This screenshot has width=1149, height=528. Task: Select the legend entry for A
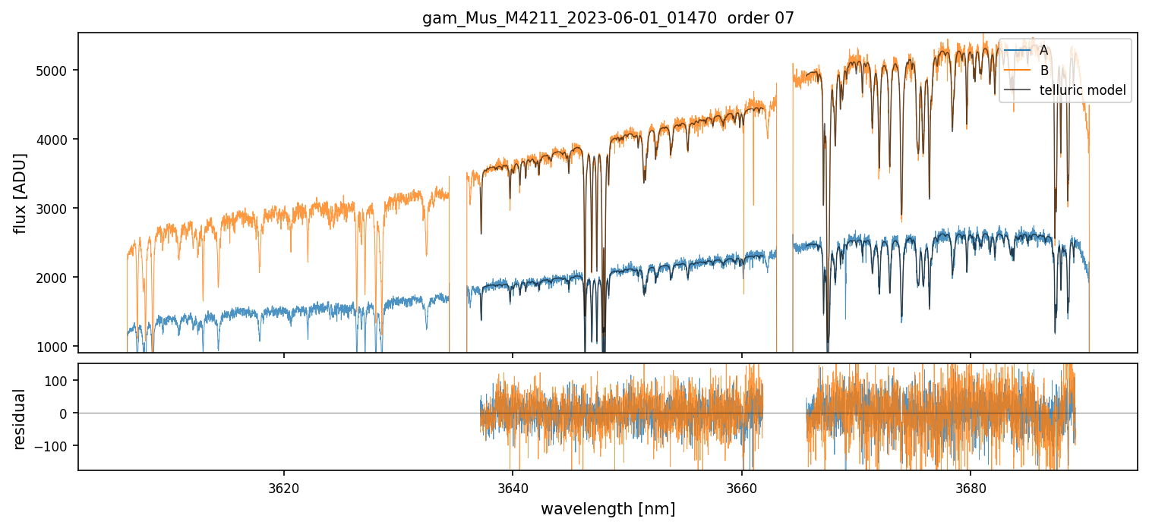[x=1043, y=50]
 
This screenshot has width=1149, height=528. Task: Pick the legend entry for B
[x=1044, y=71]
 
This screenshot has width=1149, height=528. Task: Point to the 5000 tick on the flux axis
[x=52, y=71]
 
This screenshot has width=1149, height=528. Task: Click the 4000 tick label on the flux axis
[x=52, y=140]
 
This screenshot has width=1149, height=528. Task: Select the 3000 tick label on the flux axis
[x=52, y=209]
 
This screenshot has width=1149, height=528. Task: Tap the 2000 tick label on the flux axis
[x=52, y=278]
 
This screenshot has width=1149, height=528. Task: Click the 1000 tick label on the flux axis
[x=52, y=347]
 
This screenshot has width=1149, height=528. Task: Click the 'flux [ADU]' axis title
[x=21, y=193]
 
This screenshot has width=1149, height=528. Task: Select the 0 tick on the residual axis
[x=66, y=413]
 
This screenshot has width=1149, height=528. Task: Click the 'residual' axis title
[x=21, y=419]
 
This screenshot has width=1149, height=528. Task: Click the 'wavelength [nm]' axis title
[x=608, y=509]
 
